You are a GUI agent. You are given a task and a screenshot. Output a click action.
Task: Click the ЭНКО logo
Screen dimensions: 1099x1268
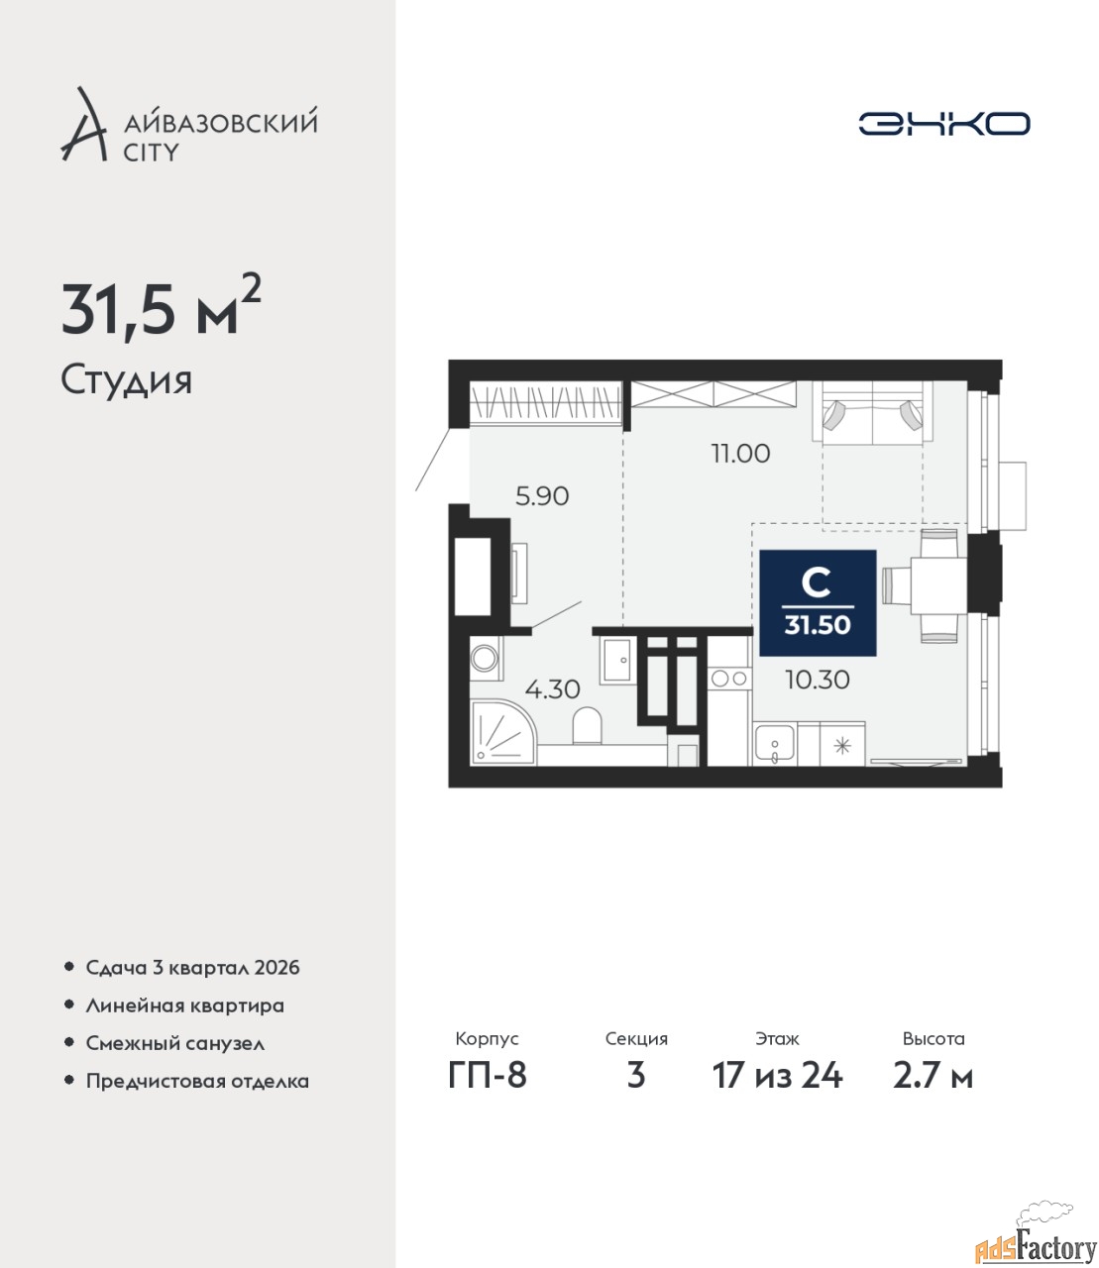943,123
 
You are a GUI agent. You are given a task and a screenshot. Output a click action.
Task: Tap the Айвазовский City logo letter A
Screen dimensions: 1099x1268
83,126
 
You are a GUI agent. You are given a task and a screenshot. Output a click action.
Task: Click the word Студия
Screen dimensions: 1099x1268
127,381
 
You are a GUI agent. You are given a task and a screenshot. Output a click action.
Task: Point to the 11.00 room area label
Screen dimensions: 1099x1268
740,454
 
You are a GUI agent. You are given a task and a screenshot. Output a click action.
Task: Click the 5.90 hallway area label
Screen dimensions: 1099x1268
542,496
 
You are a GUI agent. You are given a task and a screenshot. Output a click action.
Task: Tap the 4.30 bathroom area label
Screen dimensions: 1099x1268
552,689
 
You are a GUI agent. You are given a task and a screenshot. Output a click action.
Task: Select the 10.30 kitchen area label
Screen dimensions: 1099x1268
818,680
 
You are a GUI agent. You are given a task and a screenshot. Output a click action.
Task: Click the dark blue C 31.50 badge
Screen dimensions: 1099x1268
818,603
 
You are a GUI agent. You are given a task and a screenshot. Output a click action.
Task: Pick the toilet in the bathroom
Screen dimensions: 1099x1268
588,726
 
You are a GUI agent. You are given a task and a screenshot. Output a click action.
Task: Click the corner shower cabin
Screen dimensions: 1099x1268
502,732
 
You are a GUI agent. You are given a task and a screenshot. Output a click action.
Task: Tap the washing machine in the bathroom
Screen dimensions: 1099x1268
487,659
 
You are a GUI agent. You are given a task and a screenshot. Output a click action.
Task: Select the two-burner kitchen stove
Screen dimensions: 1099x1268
729,679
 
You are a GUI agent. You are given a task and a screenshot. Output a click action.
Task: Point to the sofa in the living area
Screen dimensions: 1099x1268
872,411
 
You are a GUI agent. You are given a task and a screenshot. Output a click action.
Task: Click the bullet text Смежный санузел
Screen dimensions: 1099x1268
174,1043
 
